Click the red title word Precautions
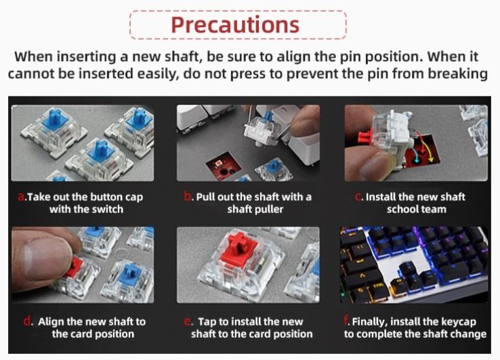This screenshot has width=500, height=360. tap(235, 25)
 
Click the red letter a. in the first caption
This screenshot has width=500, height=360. tap(22, 197)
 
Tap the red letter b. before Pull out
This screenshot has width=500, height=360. tap(188, 197)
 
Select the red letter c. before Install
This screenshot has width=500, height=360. tap(358, 197)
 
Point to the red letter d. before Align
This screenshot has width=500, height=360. tap(27, 321)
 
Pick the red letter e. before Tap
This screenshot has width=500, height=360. tap(188, 321)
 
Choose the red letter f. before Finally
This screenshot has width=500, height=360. tap(346, 321)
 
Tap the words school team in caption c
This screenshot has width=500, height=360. tap(417, 209)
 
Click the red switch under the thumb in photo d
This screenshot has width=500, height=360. tap(74, 268)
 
